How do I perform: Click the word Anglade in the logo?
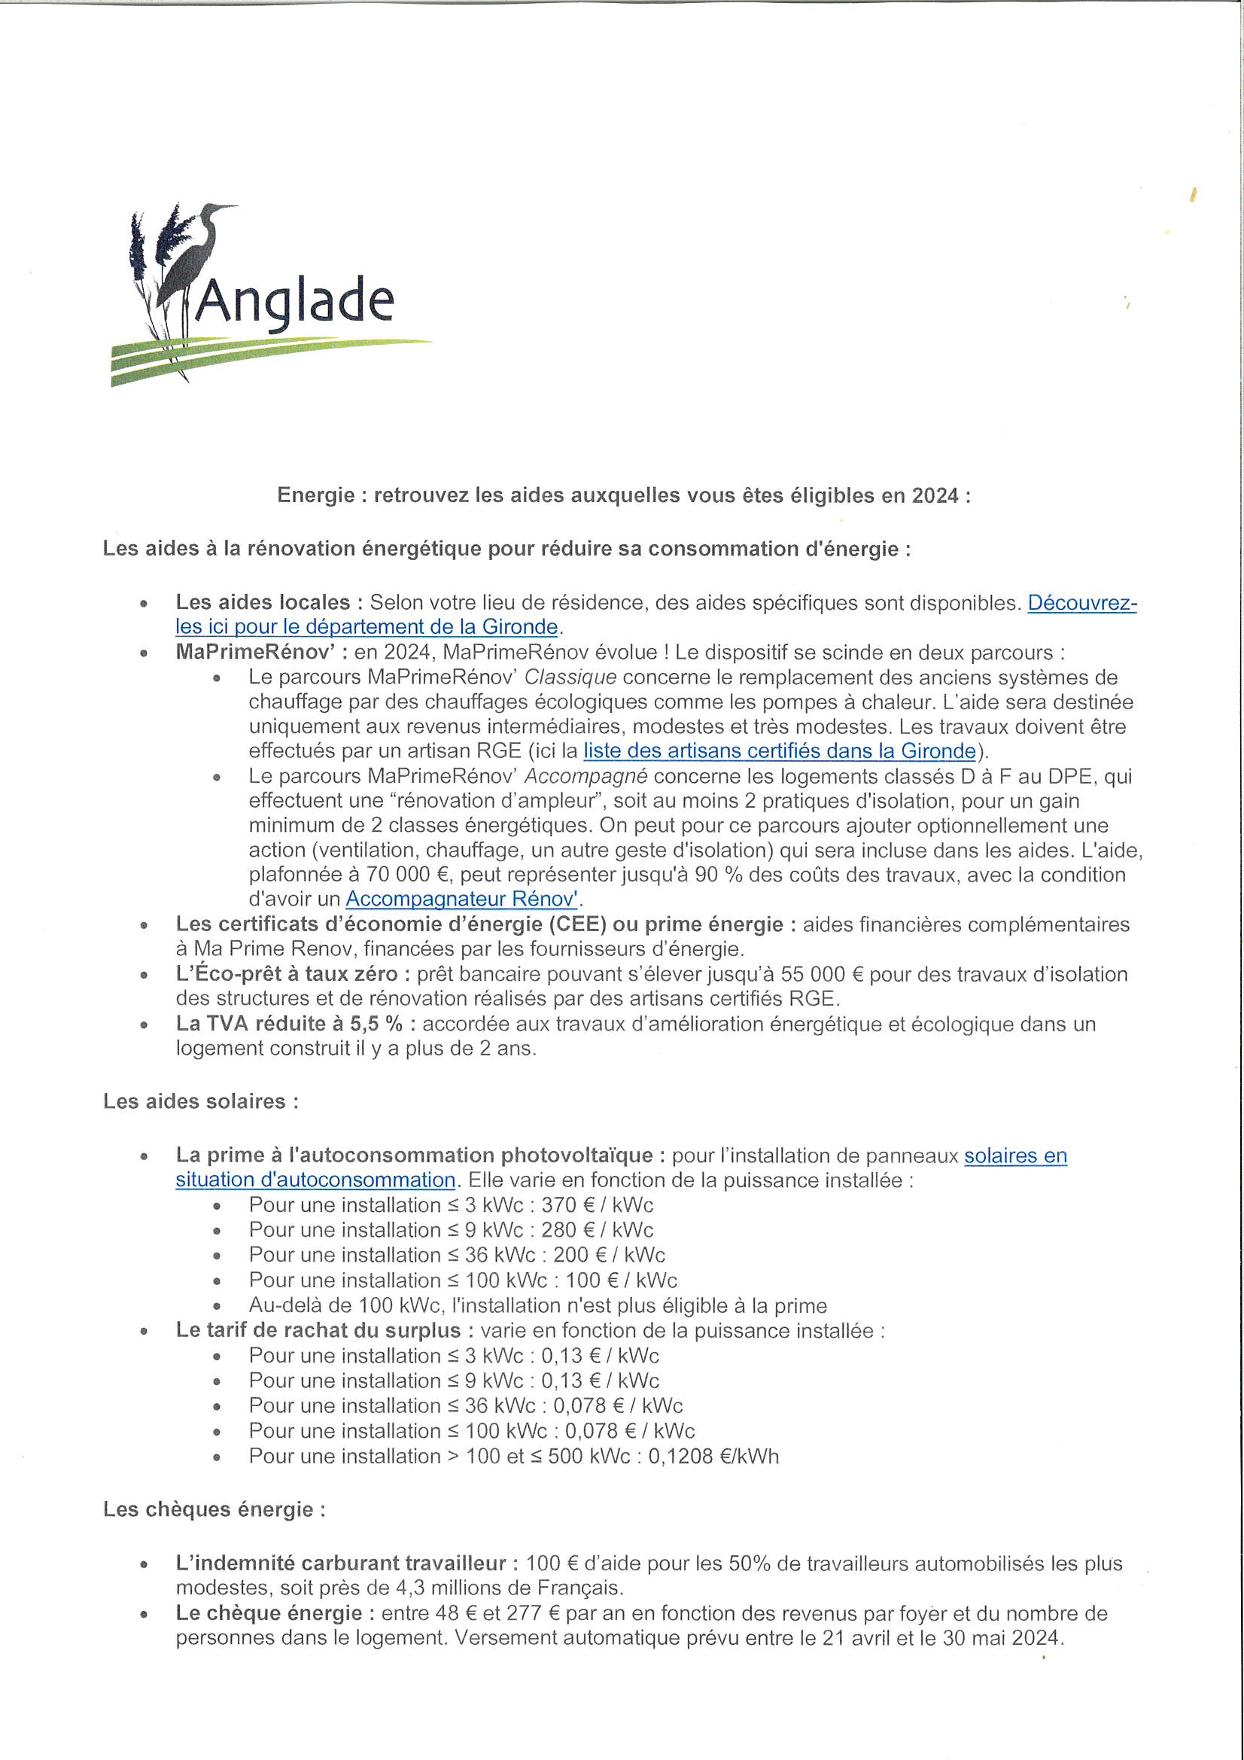(x=295, y=301)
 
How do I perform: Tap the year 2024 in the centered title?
(x=935, y=495)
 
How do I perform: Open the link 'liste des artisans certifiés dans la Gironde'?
(x=780, y=751)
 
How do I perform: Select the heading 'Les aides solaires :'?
(x=201, y=1101)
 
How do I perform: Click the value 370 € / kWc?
(x=597, y=1204)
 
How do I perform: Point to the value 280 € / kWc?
(x=597, y=1229)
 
